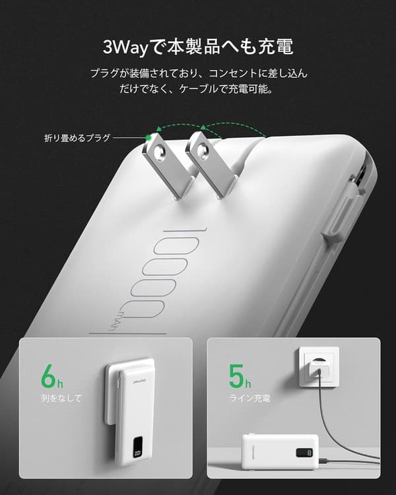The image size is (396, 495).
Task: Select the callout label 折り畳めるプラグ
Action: (x=75, y=138)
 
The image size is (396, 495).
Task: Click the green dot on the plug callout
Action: (x=152, y=137)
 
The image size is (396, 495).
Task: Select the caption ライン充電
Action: (x=249, y=399)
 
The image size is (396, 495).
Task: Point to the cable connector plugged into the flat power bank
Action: (x=325, y=460)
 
